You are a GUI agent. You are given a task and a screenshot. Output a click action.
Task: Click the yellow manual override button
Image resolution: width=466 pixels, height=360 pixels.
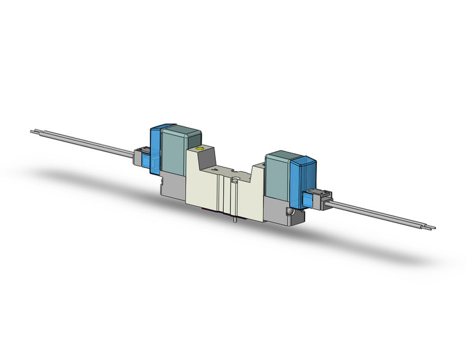point(197,149)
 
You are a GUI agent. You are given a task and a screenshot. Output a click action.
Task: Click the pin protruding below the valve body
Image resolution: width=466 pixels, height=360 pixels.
point(235,219)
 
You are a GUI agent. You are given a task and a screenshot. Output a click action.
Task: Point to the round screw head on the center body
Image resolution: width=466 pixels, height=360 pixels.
point(235,179)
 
